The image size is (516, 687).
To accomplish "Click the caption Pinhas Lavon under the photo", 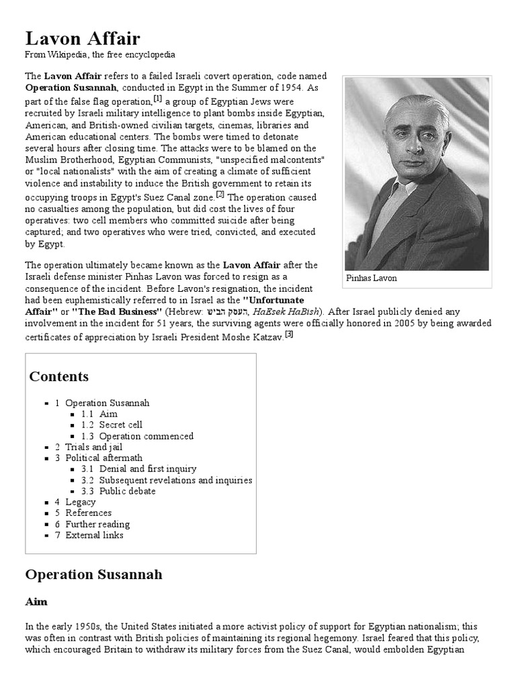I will coord(372,278).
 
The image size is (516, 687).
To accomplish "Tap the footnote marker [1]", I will coord(157,99).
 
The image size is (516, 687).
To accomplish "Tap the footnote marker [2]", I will coord(220,195).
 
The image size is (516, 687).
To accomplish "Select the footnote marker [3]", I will coord(289,333).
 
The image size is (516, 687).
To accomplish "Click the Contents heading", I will coord(58,376).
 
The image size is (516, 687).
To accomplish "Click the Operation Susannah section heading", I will coord(93,575).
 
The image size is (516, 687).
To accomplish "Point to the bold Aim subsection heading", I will coord(36,601).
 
